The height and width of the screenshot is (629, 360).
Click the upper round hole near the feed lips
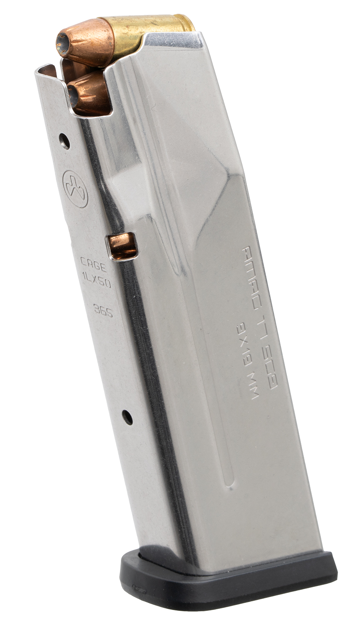pos(64,141)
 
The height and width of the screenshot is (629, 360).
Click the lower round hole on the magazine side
pos(127,416)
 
